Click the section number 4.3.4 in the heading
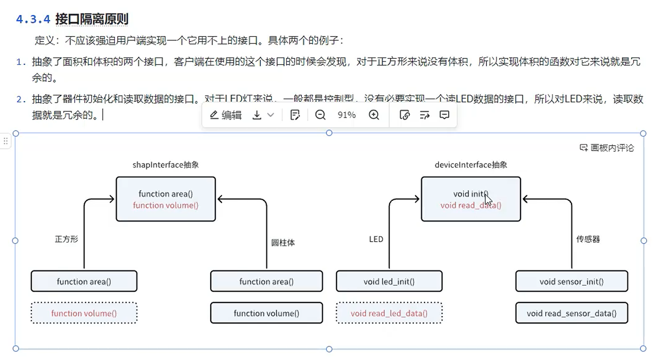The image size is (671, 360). pyautogui.click(x=33, y=19)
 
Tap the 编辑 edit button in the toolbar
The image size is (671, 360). pyautogui.click(x=226, y=115)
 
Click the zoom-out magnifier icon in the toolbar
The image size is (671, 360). pyautogui.click(x=320, y=115)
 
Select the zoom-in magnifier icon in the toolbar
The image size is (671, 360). pyautogui.click(x=374, y=115)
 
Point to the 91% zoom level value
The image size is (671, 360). pyautogui.click(x=346, y=115)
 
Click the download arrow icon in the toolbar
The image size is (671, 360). pyautogui.click(x=257, y=115)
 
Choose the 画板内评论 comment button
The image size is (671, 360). pyautogui.click(x=607, y=148)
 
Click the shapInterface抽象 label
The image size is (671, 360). pyautogui.click(x=166, y=165)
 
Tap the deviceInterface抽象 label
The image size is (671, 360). pyautogui.click(x=471, y=165)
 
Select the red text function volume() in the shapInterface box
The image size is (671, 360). pyautogui.click(x=166, y=205)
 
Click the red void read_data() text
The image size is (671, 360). pyautogui.click(x=471, y=205)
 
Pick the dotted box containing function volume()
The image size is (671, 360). pyautogui.click(x=84, y=313)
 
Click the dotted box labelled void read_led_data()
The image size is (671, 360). pyautogui.click(x=389, y=313)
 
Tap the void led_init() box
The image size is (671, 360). pyautogui.click(x=389, y=281)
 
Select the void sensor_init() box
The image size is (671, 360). pyautogui.click(x=571, y=281)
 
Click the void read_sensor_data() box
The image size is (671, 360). pyautogui.click(x=571, y=313)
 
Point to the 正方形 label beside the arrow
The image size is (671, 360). pyautogui.click(x=66, y=239)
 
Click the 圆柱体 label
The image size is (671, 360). pyautogui.click(x=283, y=243)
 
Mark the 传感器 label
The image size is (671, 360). pyautogui.click(x=588, y=239)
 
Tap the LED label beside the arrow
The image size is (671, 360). pyautogui.click(x=376, y=239)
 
